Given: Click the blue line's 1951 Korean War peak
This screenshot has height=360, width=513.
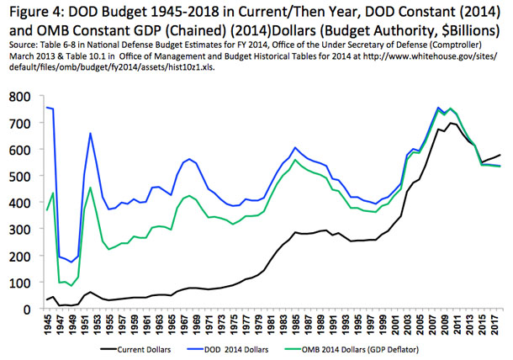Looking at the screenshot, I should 90,133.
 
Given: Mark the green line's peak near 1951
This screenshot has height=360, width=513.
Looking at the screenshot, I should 90,188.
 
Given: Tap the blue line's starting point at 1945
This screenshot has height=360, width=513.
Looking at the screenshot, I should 47,107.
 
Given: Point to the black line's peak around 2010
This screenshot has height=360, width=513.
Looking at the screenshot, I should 452,123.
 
